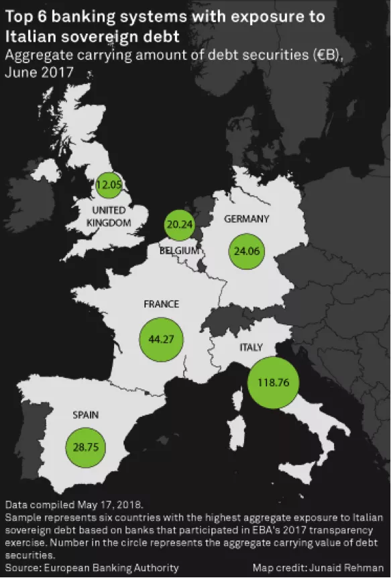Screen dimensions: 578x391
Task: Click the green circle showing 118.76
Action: [x=272, y=384]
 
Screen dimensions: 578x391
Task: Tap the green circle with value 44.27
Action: [x=161, y=340]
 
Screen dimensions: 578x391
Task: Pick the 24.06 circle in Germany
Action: [x=247, y=252]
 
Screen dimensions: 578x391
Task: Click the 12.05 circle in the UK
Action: [x=109, y=184]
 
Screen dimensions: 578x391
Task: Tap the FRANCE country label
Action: [x=161, y=304]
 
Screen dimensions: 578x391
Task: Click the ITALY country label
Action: [x=251, y=347]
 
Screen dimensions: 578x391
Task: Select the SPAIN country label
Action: [x=85, y=416]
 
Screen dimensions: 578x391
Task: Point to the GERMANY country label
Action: [x=246, y=219]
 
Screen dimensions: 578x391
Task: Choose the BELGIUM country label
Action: [x=179, y=250]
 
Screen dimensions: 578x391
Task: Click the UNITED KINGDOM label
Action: [x=109, y=216]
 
